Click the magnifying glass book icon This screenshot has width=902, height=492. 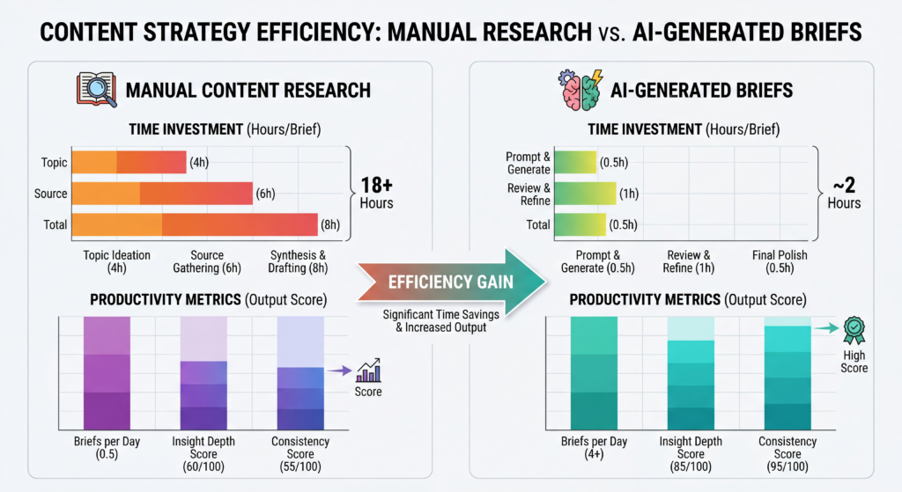[x=92, y=89]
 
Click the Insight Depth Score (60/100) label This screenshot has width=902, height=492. [x=203, y=454]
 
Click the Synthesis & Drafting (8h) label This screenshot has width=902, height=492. [x=299, y=261]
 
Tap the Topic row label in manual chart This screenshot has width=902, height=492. [x=54, y=163]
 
